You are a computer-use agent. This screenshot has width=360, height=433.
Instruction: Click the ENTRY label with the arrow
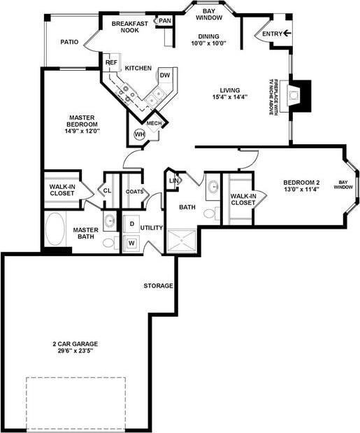coord(277,33)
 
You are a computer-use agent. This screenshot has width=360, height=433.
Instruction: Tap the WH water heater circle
coord(138,135)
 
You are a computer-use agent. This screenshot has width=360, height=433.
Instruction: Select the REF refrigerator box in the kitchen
coord(111,63)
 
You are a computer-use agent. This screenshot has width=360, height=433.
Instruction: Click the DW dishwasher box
coord(164,75)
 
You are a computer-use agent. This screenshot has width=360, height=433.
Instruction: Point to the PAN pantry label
coord(164,21)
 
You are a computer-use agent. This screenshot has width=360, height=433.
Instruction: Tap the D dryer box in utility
coord(131,225)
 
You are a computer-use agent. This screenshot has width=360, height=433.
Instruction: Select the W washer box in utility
coord(131,243)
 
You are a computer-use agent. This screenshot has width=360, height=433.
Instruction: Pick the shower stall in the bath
coord(182,243)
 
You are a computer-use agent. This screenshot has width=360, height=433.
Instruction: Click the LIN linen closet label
coord(174,180)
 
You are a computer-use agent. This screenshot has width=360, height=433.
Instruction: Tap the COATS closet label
coord(135,192)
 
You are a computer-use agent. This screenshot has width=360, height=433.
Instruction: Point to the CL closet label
coord(108,190)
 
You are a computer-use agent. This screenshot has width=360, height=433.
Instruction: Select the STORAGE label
coord(158,285)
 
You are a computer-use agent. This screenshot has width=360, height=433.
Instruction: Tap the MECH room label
coord(154,124)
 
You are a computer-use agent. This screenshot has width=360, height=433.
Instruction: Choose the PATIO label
coord(69,42)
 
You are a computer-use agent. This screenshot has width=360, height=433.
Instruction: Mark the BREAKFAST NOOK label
coord(130,27)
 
